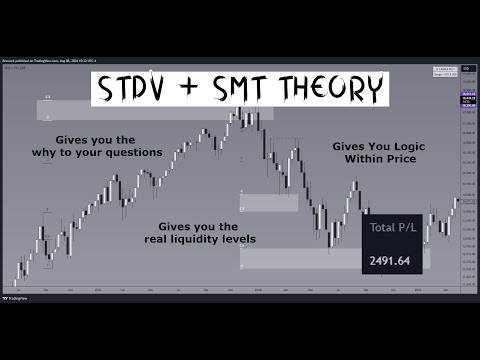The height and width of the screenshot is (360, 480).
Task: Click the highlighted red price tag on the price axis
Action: coord(466,101)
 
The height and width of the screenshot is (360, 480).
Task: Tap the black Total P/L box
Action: coord(396,245)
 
